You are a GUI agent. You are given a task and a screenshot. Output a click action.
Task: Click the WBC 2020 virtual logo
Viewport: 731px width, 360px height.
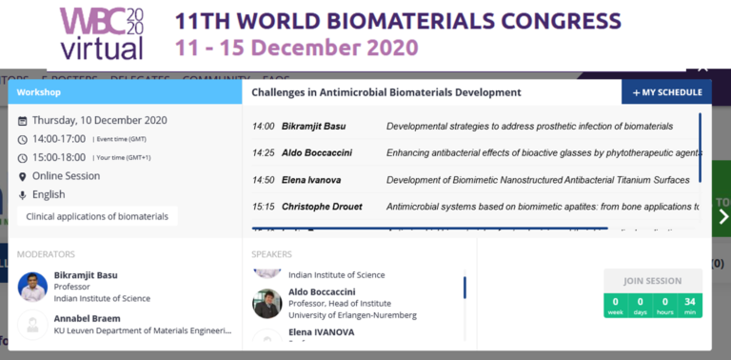102,33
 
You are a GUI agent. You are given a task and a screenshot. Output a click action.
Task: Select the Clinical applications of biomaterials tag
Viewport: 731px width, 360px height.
97,216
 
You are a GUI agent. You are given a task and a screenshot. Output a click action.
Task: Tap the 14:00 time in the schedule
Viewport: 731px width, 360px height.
264,126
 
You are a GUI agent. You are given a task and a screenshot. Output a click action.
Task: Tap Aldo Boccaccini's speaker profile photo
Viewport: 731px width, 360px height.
267,303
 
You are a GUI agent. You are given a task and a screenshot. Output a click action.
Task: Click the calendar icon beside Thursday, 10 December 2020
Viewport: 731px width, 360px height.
23,121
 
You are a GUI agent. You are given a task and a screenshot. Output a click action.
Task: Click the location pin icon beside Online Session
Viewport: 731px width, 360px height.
23,176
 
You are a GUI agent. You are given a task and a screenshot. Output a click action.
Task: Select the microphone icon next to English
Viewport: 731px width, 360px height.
23,195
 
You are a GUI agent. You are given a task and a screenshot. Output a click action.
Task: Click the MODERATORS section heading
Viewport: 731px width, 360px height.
47,254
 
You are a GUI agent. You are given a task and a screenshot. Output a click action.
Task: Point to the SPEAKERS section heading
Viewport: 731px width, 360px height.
272,254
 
